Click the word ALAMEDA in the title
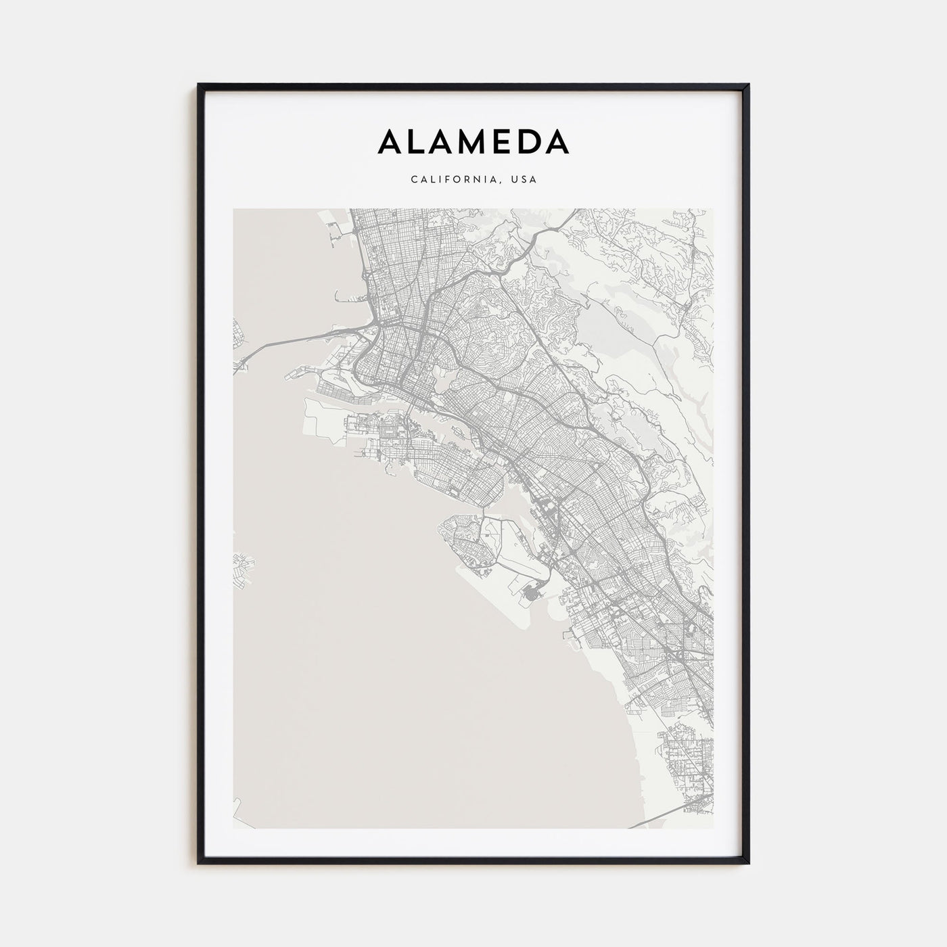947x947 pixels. tap(473, 141)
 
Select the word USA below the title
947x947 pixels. tap(524, 180)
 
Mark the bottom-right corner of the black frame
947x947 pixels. tap(748, 862)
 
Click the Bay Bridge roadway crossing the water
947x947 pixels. tap(298, 338)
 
